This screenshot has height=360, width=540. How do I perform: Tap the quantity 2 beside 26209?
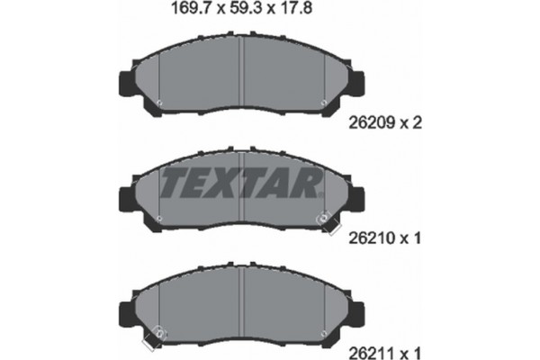pyautogui.click(x=419, y=126)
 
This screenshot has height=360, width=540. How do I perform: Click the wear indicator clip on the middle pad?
pyautogui.click(x=321, y=219)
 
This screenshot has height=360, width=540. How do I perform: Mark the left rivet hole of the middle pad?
pyautogui.click(x=159, y=217)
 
